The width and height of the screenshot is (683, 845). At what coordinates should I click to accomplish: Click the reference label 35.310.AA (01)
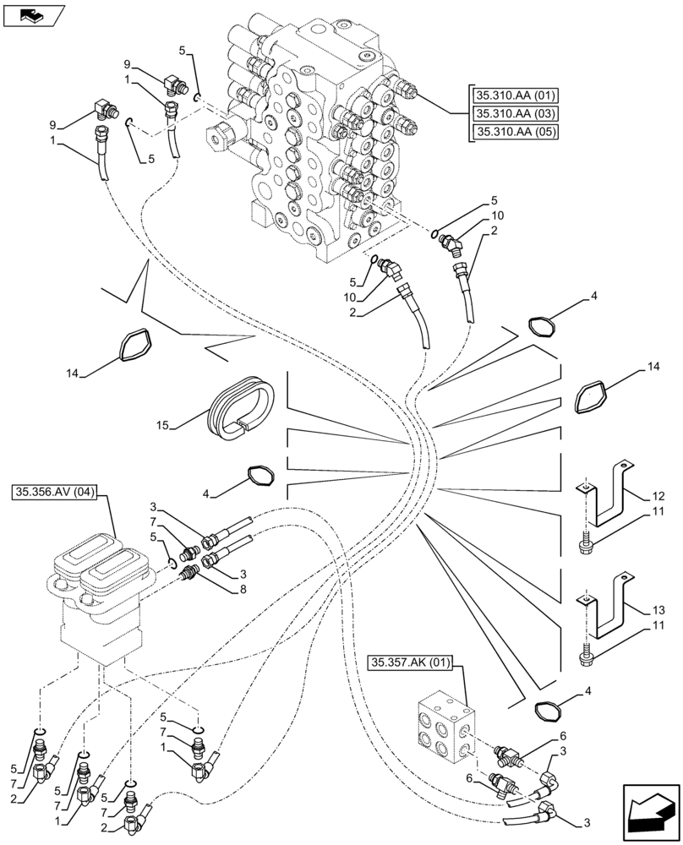coord(511,95)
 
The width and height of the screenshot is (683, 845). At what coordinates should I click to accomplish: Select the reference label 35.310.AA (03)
coord(511,113)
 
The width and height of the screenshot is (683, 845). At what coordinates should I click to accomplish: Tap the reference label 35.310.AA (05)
coord(511,132)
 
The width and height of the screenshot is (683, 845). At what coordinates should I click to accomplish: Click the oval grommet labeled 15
coord(243,408)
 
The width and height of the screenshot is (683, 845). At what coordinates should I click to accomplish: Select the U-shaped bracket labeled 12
coord(607,498)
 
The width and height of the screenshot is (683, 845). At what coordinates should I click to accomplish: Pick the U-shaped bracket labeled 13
coord(607,607)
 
